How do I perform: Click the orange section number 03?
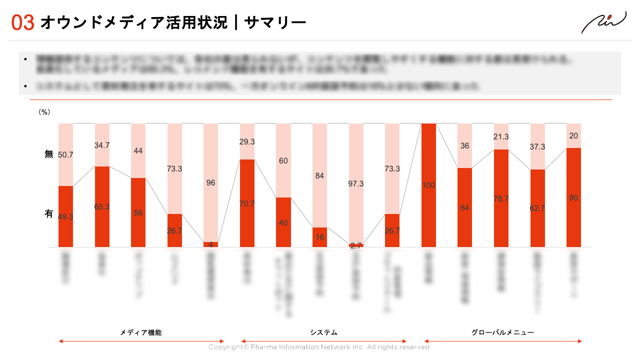coord(23,22)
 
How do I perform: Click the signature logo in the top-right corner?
coord(603,22)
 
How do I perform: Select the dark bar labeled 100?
coord(428,185)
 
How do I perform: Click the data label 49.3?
coord(66,216)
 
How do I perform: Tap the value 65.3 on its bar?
coord(102,206)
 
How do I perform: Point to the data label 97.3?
coord(356,184)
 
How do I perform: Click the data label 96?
coord(210,183)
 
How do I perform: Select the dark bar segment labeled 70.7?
coord(247,203)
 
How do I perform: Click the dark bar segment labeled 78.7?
coord(501,198)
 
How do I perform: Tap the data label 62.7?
coord(537,208)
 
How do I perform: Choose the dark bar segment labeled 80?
coord(573,197)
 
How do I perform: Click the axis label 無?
coord(48,154)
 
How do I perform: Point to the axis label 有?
coord(48,214)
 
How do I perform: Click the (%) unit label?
coord(44,112)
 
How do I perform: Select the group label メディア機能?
coord(141,332)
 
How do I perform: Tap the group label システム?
coord(323,332)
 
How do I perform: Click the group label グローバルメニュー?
coord(502,332)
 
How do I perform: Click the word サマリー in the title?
coord(275,22)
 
